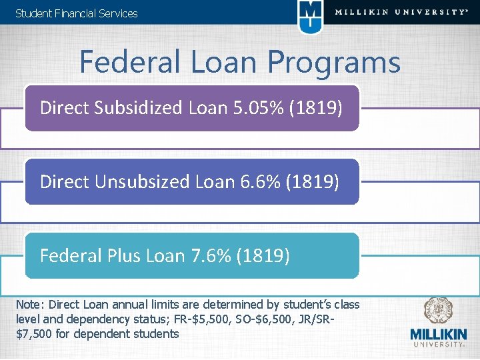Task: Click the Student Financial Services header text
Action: [x=76, y=13]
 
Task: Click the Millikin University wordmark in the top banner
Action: [x=400, y=12]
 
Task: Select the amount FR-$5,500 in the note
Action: [x=204, y=319]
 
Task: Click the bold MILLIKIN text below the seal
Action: [x=438, y=335]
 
